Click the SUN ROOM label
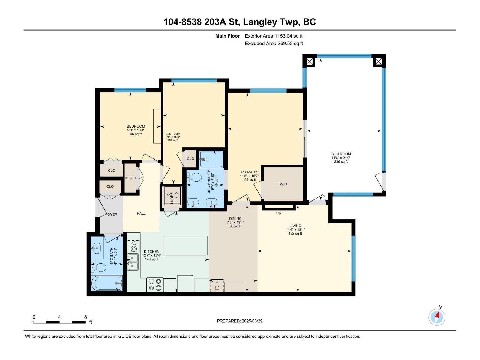[x=341, y=154]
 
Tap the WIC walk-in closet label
[x=283, y=184]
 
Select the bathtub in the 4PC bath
[x=107, y=283]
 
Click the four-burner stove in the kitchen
[x=155, y=285]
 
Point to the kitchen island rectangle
[x=185, y=245]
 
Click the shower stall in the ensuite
[x=211, y=159]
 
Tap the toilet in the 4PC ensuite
[x=195, y=177]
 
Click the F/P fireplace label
[x=278, y=214]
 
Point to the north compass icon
[x=437, y=317]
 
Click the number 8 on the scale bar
[x=85, y=317]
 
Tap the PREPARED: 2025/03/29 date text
[x=240, y=321]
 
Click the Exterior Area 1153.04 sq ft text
[x=274, y=36]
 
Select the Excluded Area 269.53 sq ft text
[x=274, y=43]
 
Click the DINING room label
[x=235, y=219]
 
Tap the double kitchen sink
[x=133, y=262]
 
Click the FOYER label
[x=111, y=214]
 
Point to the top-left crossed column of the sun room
[x=309, y=61]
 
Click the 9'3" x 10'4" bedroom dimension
[x=136, y=130]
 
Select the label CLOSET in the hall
[x=130, y=178]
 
